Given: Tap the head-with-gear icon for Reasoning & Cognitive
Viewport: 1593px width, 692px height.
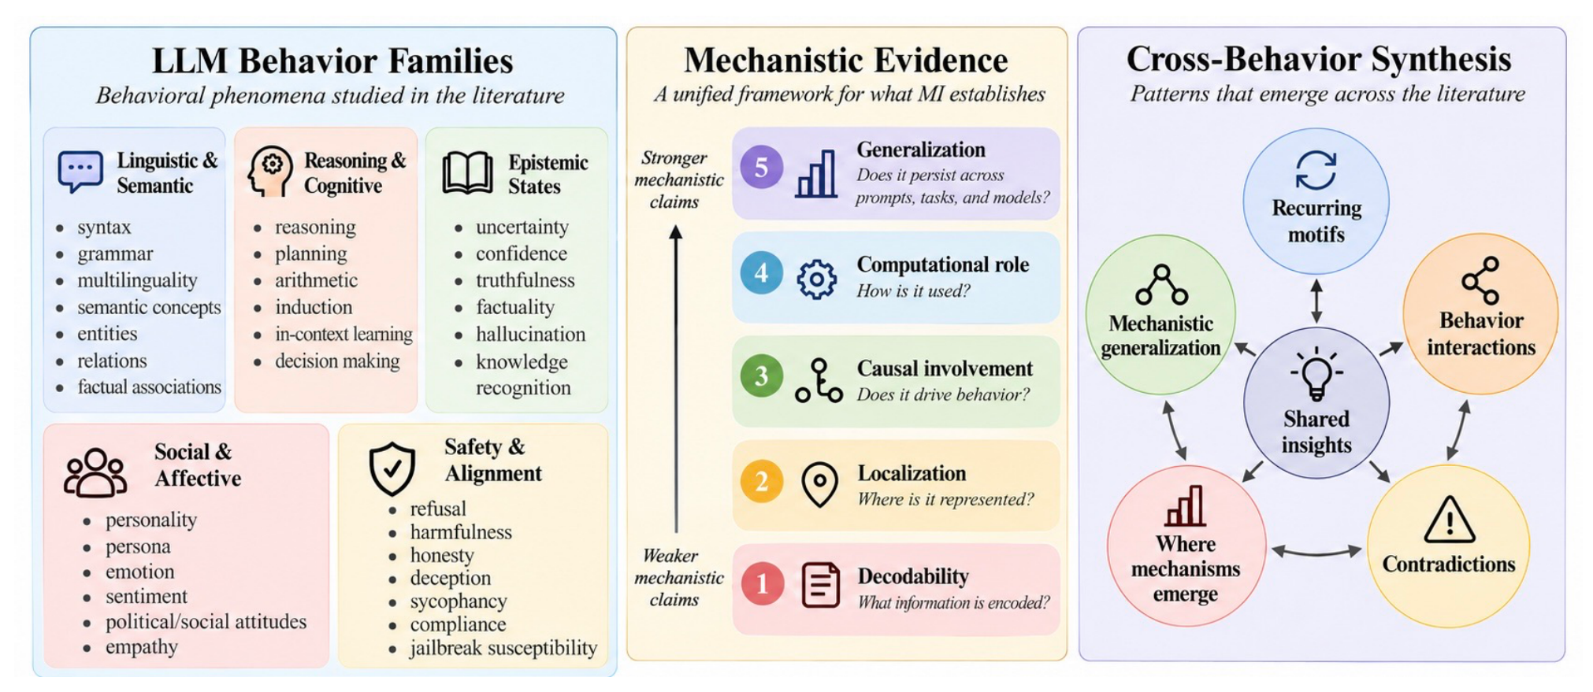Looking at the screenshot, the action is [x=269, y=171].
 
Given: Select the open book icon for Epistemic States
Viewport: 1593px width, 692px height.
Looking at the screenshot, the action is [x=467, y=172].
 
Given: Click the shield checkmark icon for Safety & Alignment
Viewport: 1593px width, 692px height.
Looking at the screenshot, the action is [x=392, y=468].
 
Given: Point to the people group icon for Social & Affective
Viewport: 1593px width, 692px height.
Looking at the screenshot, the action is [x=95, y=472].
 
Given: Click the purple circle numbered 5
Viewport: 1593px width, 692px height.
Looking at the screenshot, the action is [x=761, y=167].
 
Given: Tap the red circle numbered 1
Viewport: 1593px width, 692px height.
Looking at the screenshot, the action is [x=762, y=583].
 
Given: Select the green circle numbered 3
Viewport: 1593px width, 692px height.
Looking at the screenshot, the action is [x=761, y=376].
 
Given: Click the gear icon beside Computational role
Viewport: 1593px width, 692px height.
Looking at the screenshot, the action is [x=817, y=279].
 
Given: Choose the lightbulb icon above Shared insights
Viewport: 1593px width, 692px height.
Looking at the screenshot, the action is [x=1316, y=374].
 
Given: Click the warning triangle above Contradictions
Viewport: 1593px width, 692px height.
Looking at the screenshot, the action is [x=1450, y=520].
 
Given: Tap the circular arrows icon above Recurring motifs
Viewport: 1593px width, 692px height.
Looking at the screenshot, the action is [x=1316, y=170].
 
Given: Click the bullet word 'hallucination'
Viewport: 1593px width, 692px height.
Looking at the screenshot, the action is [x=530, y=334].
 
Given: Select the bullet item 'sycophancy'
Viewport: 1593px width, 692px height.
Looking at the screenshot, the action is [x=458, y=601].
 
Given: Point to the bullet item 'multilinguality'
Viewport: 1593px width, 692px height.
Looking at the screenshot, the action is [x=137, y=280].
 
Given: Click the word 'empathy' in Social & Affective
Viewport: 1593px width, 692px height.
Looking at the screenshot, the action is [x=142, y=647].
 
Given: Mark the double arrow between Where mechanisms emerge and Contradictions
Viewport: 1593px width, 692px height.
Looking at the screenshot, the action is [x=1316, y=552].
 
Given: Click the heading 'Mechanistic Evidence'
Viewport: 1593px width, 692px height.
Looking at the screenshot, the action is [x=845, y=60].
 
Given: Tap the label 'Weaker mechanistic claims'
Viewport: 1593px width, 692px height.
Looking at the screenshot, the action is [x=678, y=577].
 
